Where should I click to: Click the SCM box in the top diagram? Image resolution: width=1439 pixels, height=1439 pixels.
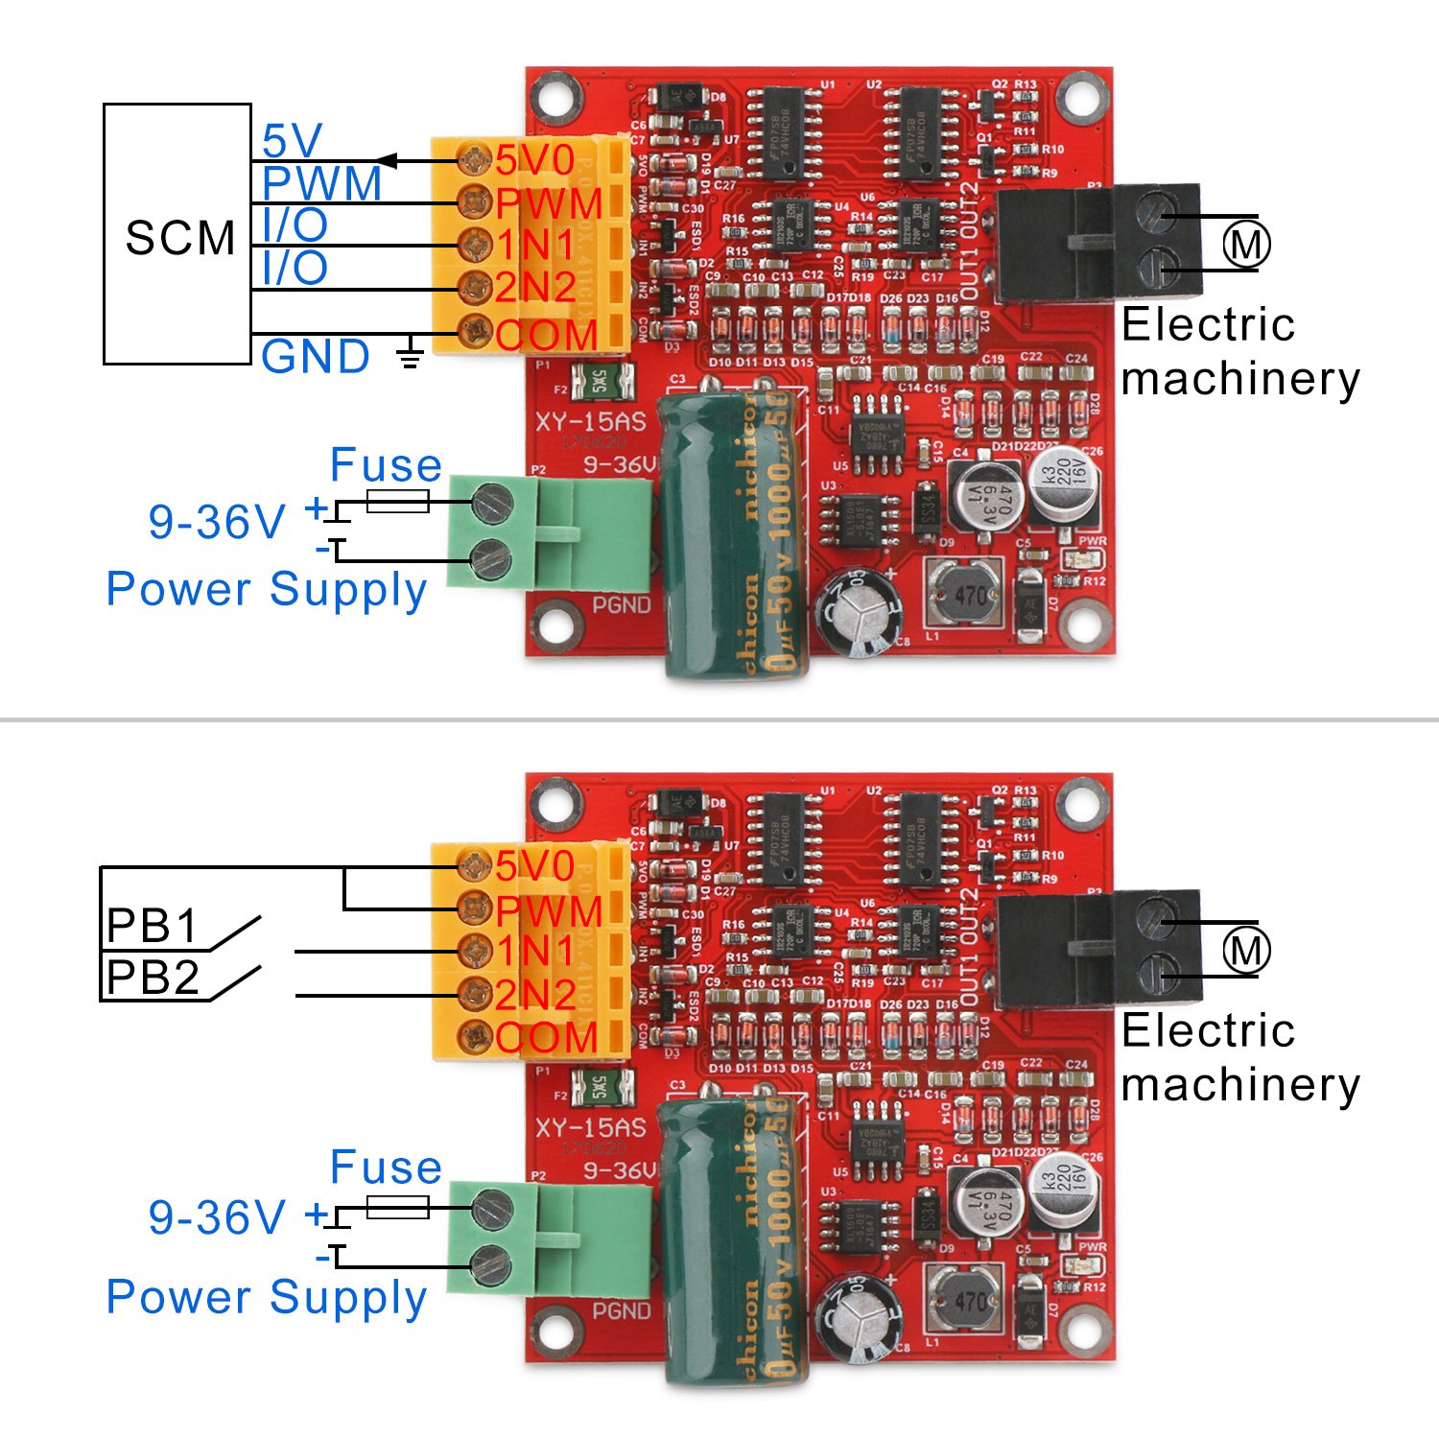(x=177, y=235)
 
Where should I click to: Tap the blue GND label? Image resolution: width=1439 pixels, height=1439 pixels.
(x=316, y=357)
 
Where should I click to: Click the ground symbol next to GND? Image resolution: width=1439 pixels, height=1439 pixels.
(x=411, y=354)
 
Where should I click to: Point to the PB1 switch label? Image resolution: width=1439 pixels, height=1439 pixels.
(x=152, y=927)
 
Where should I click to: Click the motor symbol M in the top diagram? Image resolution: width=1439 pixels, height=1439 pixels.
(x=1246, y=244)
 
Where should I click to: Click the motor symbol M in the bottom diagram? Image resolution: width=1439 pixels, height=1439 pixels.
(x=1246, y=951)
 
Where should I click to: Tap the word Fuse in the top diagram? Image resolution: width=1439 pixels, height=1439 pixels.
(x=386, y=465)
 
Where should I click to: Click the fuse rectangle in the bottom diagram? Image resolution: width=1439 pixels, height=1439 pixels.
(x=397, y=1207)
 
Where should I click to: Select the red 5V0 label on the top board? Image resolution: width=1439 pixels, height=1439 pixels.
(x=535, y=160)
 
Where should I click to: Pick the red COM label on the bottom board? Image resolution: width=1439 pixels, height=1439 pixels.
(x=547, y=1038)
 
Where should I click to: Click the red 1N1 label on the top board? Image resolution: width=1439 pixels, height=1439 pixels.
(x=535, y=246)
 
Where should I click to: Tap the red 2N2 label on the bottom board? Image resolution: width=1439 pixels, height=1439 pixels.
(x=535, y=995)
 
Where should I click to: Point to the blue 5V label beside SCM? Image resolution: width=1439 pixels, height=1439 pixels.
(x=292, y=141)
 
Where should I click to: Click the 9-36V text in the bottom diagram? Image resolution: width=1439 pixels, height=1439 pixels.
(x=217, y=1217)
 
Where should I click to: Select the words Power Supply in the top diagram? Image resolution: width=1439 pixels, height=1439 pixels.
(x=267, y=589)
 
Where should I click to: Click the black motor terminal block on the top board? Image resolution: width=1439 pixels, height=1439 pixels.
(x=1098, y=244)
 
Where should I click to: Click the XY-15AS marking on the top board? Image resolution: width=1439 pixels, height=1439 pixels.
(x=590, y=422)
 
